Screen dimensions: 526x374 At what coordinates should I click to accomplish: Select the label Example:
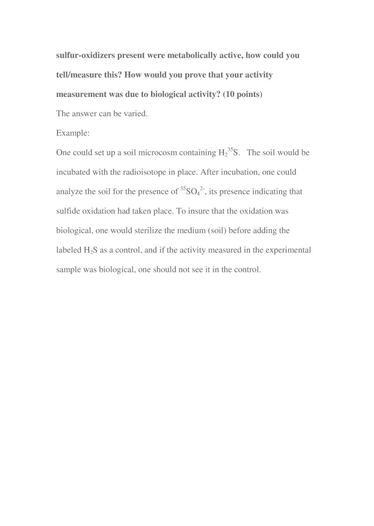pos(73,133)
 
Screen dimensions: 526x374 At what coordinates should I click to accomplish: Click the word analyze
pos(69,192)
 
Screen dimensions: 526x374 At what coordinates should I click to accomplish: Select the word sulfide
pos(68,211)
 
